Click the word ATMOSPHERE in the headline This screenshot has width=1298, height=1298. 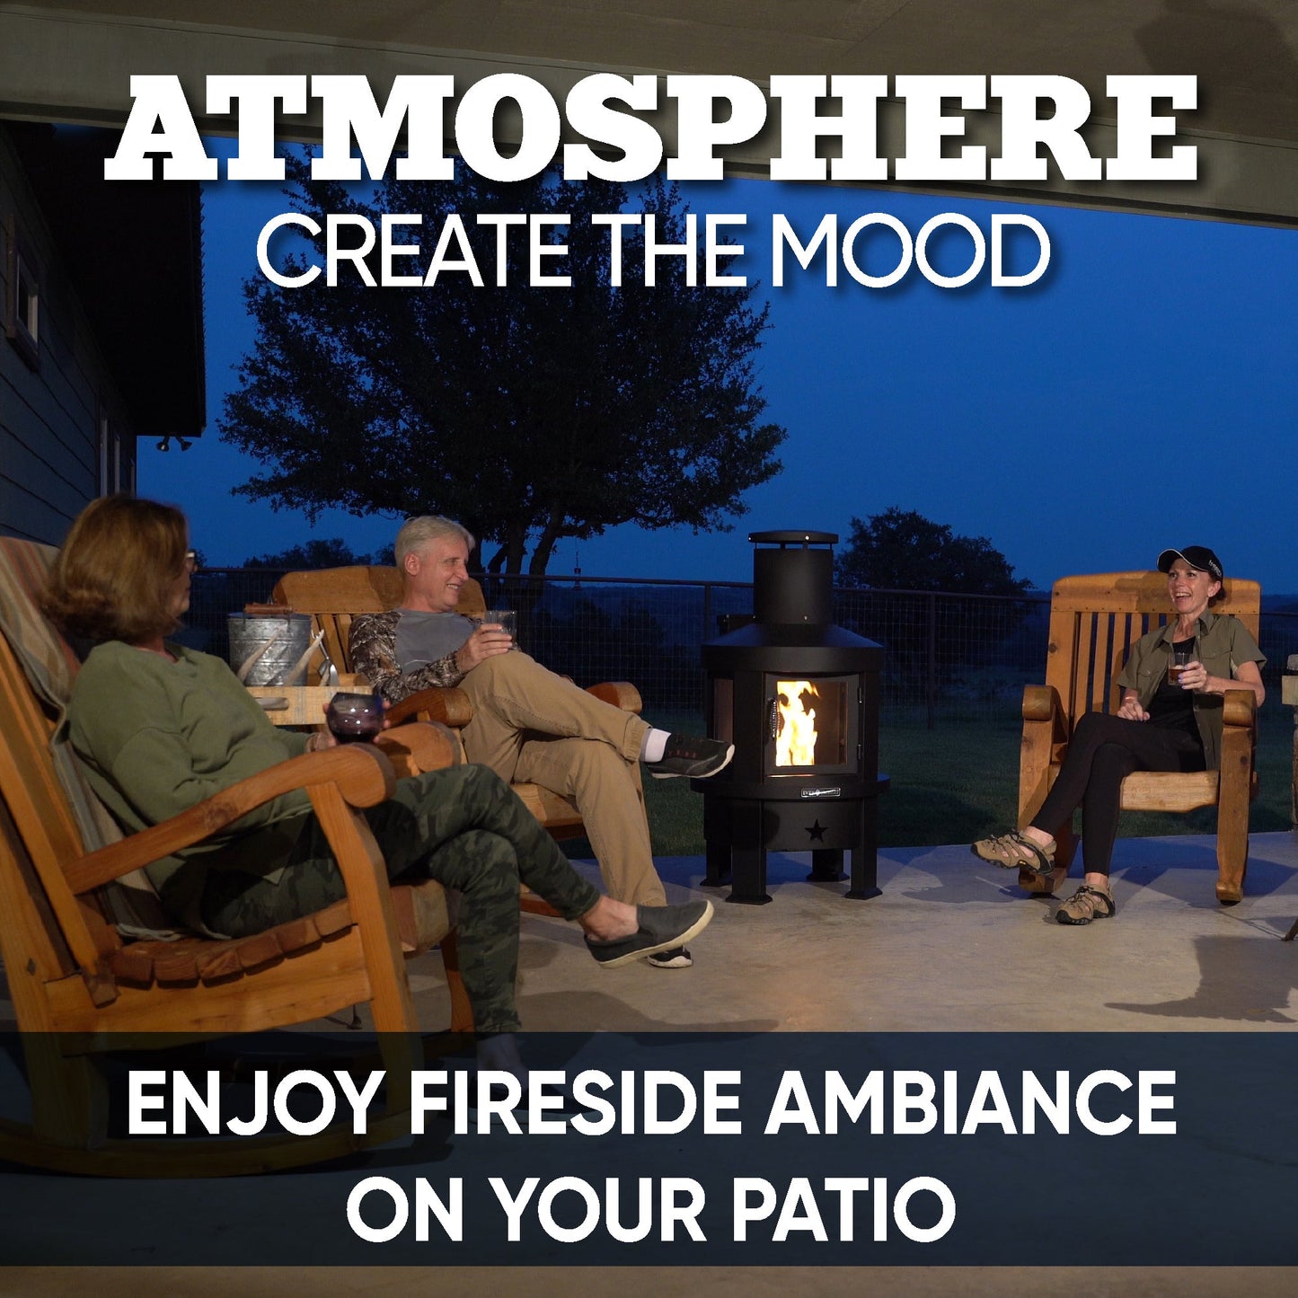tap(650, 128)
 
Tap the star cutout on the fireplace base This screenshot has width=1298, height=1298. tap(816, 832)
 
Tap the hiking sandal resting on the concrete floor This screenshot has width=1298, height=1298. tap(1084, 906)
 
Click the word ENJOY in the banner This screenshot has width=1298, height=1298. tap(253, 1104)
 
